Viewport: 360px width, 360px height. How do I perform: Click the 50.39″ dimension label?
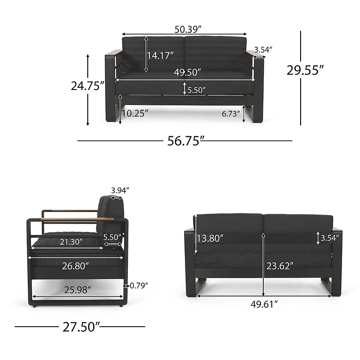pos(188,29)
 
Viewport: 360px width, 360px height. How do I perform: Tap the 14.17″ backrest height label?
pos(160,55)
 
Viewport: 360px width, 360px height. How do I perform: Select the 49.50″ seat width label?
pos(187,72)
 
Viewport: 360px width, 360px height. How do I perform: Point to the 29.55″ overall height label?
pos(305,70)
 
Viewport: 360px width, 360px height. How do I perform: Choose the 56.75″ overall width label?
pos(186,141)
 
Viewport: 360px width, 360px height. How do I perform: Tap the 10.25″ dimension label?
pos(135,113)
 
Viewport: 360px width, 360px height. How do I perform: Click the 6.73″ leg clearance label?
pos(231,114)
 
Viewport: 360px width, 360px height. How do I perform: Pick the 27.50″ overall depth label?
pos(81,327)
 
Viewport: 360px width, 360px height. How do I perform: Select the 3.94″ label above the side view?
pos(120,190)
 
